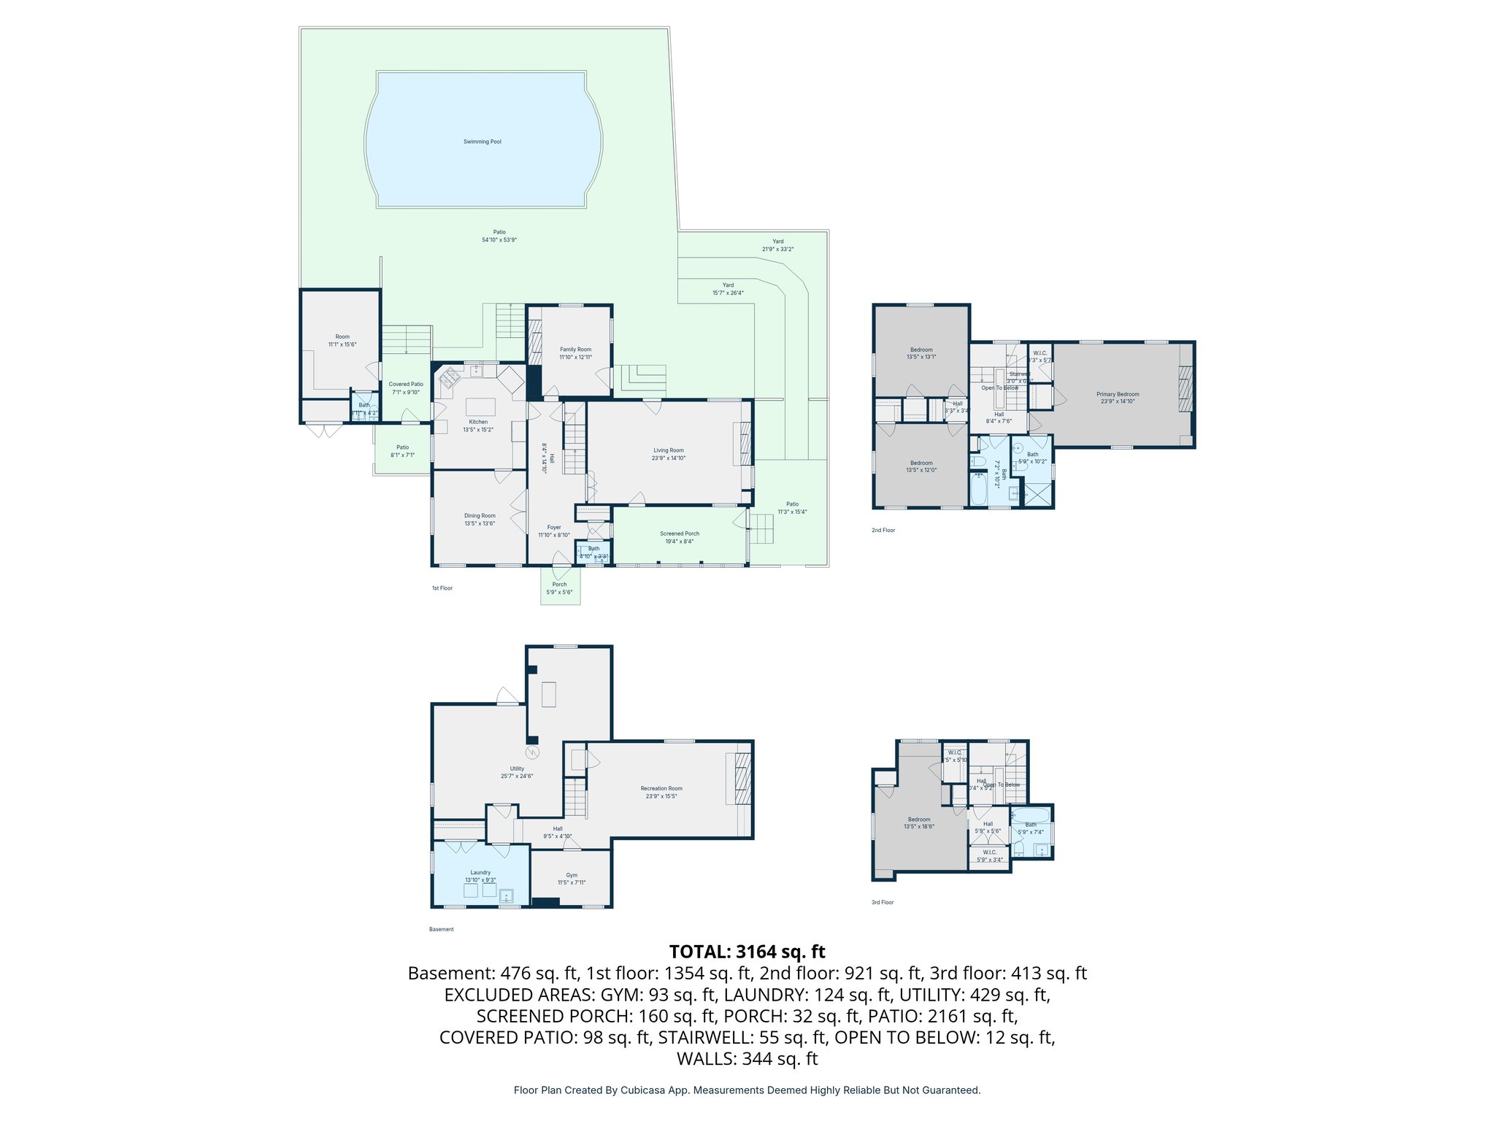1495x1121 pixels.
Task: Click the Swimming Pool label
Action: coord(482,142)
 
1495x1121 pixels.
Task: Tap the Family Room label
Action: coord(575,350)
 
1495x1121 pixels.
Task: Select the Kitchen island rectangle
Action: coord(480,407)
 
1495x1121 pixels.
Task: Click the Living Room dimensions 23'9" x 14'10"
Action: coord(668,458)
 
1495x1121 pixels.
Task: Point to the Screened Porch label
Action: coord(679,533)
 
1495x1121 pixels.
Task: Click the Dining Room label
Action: coord(480,516)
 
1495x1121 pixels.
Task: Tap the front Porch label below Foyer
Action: coord(559,585)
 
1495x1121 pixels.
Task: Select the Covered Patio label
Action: coord(406,384)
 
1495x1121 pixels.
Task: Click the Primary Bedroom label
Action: coord(1118,394)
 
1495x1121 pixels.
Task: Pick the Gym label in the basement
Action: coord(572,875)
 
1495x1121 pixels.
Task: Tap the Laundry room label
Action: coord(480,872)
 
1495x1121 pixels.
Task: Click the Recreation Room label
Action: coord(661,788)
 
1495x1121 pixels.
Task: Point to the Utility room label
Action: coord(517,768)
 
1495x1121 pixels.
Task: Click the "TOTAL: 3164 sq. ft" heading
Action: coord(747,952)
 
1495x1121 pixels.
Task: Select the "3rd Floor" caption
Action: coord(882,903)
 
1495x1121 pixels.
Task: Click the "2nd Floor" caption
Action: coord(883,531)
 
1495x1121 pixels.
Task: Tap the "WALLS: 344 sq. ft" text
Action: coord(747,1059)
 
